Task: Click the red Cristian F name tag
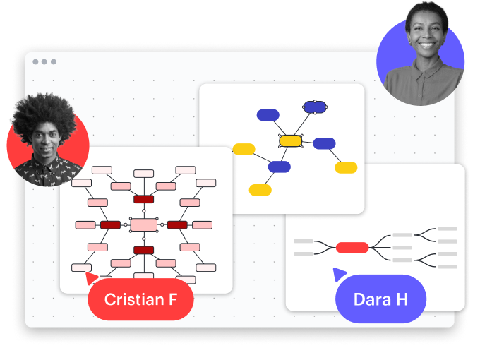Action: (x=140, y=299)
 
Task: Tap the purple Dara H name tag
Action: (x=380, y=299)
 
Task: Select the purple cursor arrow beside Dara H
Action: (x=340, y=274)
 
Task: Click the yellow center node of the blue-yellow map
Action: (x=290, y=141)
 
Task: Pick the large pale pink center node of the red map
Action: (x=144, y=224)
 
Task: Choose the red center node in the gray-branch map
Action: (x=352, y=247)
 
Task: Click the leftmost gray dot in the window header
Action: (x=35, y=62)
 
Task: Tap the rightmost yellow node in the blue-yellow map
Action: (x=346, y=167)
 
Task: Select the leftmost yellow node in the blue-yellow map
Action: (x=244, y=149)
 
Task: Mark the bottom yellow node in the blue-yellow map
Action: (x=260, y=190)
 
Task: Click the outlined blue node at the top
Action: (x=314, y=107)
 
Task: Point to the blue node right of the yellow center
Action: (x=324, y=143)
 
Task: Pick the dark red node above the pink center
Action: (x=144, y=199)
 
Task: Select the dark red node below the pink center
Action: (x=144, y=250)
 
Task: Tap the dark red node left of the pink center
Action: (x=110, y=224)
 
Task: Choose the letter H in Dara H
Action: (x=401, y=299)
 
